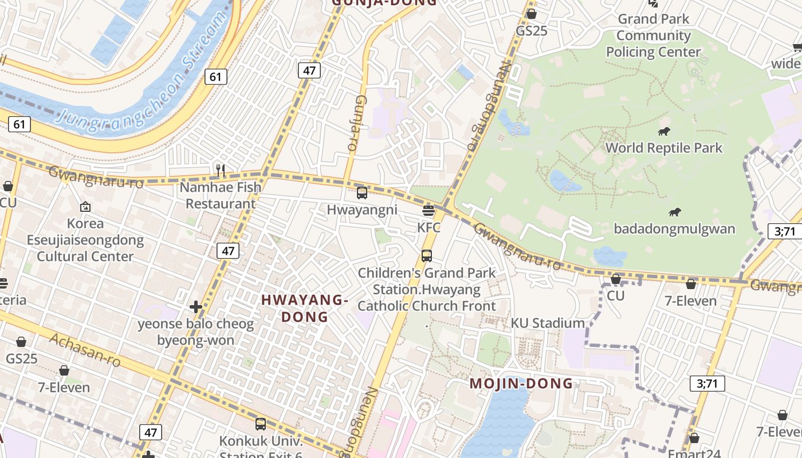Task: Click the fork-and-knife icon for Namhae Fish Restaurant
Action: coord(220,170)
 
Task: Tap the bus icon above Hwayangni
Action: coord(362,193)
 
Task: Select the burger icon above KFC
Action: coord(428,211)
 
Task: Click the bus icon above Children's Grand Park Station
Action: coord(427,256)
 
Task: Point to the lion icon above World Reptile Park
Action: coord(664,132)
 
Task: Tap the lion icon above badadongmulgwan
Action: coord(675,212)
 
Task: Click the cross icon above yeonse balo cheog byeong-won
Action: coord(196,307)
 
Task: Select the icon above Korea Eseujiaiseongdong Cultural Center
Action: coord(85,207)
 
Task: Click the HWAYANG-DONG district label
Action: coord(305,308)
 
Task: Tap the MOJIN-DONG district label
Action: coord(521,384)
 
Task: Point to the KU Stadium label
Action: coord(548,323)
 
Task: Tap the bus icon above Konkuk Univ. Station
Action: coord(261,424)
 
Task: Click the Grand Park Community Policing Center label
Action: coord(654,35)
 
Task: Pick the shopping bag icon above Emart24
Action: coord(694,439)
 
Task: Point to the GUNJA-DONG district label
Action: coord(384,3)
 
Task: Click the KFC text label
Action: coord(428,228)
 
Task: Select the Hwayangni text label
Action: coord(362,210)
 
